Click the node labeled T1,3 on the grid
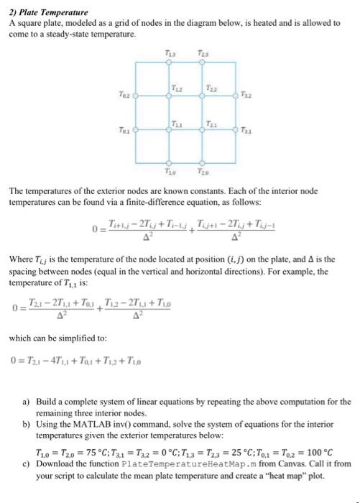pos(169,63)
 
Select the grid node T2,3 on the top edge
pos(202,63)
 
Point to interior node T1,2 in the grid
pos(169,96)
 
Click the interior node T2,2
pos(202,96)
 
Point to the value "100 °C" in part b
pos(322,452)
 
